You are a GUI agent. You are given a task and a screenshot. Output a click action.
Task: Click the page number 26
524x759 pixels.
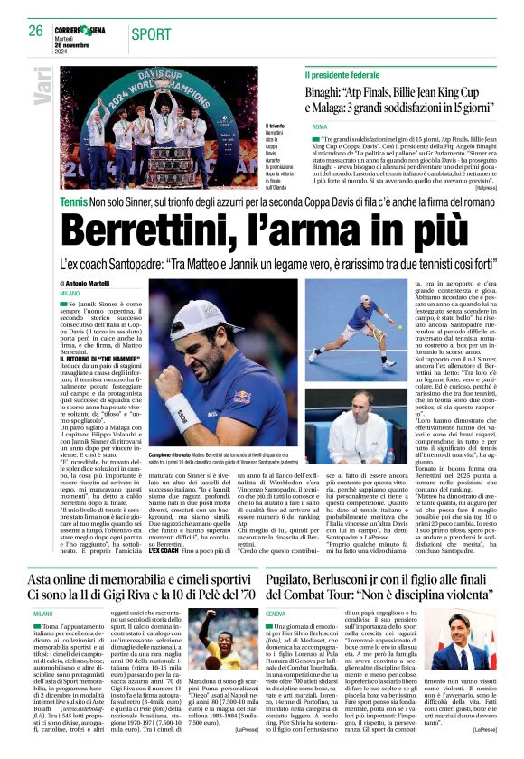(35, 31)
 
